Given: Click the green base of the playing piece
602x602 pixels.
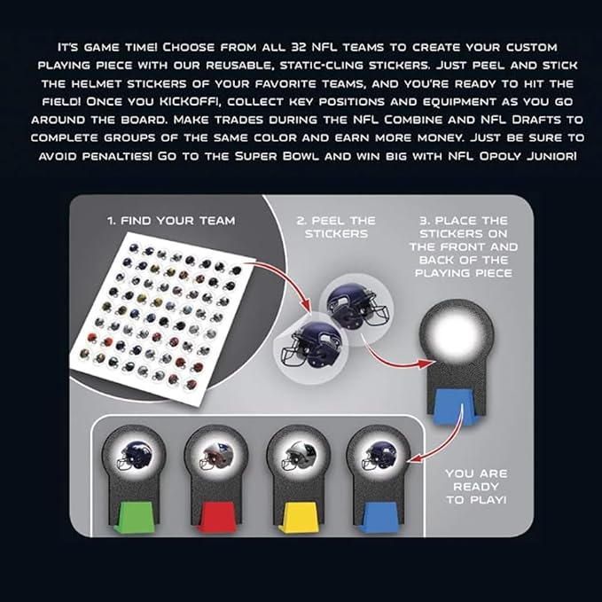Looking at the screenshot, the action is click(135, 518).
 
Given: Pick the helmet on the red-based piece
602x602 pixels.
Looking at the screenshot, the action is click(216, 456).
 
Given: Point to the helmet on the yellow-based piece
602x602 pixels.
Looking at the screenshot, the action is click(299, 456).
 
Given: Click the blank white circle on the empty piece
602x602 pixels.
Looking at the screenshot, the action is click(456, 333).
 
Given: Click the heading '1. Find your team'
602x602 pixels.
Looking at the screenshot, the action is click(171, 221).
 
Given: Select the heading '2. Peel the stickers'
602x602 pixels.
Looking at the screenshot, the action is click(336, 227).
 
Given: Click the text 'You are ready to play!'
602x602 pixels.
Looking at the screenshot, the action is click(476, 487).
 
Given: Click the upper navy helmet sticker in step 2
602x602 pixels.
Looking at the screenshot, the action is click(356, 304).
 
